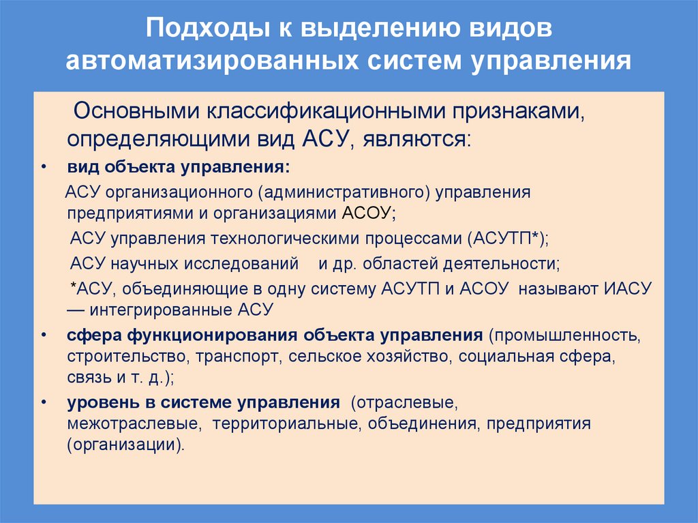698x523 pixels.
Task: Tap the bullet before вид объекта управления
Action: click(44, 168)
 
